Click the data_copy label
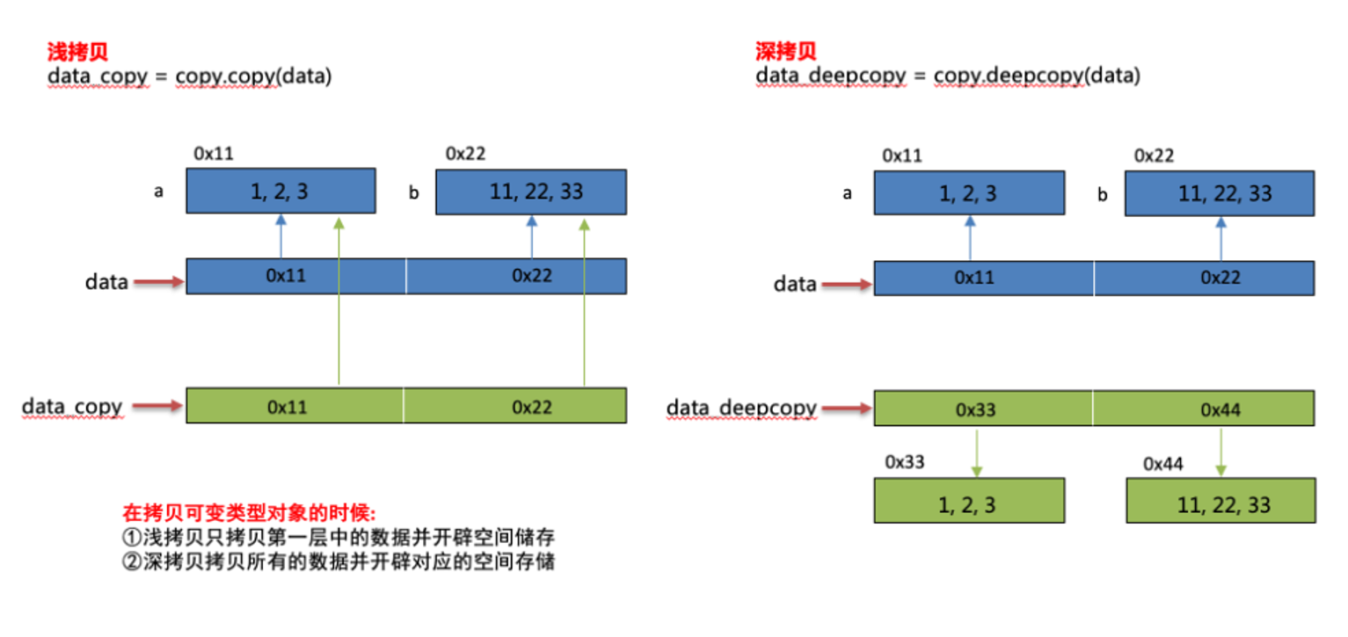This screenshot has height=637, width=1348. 72,407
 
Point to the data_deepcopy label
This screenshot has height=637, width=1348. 740,408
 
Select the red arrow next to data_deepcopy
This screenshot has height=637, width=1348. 846,409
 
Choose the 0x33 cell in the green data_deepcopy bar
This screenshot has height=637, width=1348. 982,409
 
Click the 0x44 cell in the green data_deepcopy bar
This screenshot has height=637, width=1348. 1220,409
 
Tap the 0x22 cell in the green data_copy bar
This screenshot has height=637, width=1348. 532,406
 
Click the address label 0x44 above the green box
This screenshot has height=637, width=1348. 1163,464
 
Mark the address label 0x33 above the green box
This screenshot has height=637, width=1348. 905,462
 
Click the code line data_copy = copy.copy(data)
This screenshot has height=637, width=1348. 189,76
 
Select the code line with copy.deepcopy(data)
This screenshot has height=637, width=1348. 948,76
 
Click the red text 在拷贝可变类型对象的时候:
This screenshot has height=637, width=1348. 249,512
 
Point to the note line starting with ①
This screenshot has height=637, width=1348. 339,536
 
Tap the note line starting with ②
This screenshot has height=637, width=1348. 339,561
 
